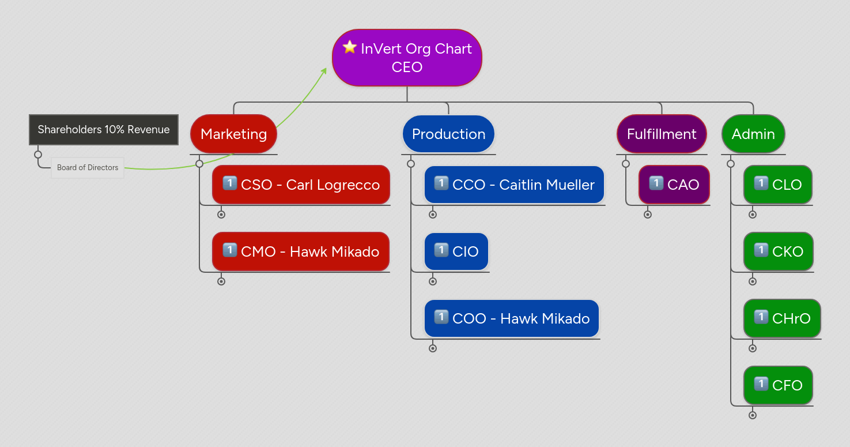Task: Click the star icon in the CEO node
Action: pyautogui.click(x=350, y=47)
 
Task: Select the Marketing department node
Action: pyautogui.click(x=233, y=134)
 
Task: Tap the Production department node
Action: pyautogui.click(x=448, y=134)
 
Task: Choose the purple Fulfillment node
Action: pyautogui.click(x=662, y=134)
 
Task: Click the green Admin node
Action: pyautogui.click(x=753, y=134)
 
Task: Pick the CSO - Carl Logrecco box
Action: pyautogui.click(x=301, y=185)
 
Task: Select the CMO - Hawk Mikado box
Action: pyautogui.click(x=301, y=251)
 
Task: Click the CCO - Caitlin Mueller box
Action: pyautogui.click(x=514, y=185)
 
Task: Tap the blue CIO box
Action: pyautogui.click(x=456, y=251)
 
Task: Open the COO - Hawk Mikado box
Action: pyautogui.click(x=512, y=318)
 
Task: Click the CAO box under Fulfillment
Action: pyautogui.click(x=674, y=185)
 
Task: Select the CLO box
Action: pyautogui.click(x=778, y=185)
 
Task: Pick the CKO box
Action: pyautogui.click(x=779, y=251)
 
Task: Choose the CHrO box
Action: pyautogui.click(x=782, y=318)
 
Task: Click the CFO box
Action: pyautogui.click(x=778, y=385)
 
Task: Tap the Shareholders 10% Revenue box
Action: pyautogui.click(x=104, y=130)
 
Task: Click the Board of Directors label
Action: pyautogui.click(x=88, y=168)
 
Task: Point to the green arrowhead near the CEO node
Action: pyautogui.click(x=324, y=70)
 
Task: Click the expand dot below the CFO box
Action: pyautogui.click(x=753, y=415)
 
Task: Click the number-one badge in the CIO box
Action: pyautogui.click(x=441, y=250)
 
